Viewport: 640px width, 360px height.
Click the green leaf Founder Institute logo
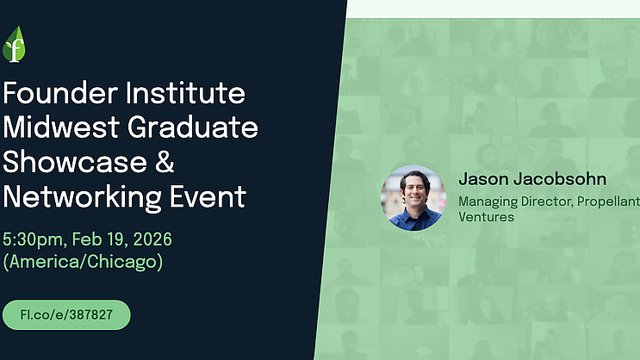14,45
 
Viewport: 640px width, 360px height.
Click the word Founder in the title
60,93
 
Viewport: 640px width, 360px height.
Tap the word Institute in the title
186,93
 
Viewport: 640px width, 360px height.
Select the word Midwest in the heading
61,127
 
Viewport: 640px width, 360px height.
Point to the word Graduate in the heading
193,127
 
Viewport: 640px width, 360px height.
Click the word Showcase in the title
75,162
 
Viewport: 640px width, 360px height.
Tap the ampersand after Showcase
165,162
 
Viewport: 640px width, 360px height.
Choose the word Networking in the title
82,197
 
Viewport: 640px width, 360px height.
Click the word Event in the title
208,196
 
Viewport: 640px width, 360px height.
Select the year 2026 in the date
152,239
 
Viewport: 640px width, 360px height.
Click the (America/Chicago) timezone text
83,262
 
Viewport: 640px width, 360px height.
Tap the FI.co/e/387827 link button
66,314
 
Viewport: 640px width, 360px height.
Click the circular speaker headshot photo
413,198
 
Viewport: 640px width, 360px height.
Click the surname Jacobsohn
560,179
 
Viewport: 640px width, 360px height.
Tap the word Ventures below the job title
486,217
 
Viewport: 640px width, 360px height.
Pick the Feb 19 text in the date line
100,239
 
